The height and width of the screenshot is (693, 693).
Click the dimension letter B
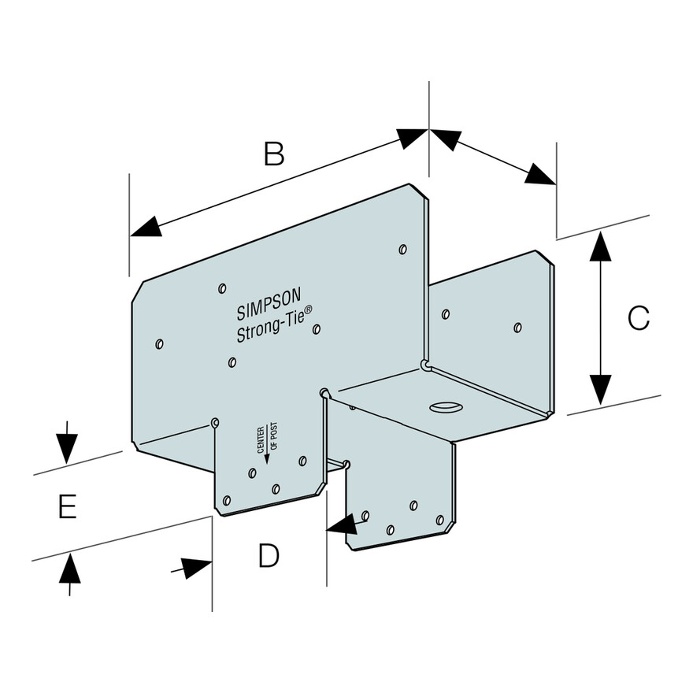(273, 154)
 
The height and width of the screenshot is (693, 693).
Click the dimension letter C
(638, 318)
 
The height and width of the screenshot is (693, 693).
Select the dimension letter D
(269, 556)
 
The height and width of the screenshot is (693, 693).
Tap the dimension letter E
(67, 507)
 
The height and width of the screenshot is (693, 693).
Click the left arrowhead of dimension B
(145, 229)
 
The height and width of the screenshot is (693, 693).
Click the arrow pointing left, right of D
(343, 523)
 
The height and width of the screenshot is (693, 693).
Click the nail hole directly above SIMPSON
(223, 287)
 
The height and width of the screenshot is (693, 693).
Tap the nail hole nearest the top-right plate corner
(402, 250)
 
